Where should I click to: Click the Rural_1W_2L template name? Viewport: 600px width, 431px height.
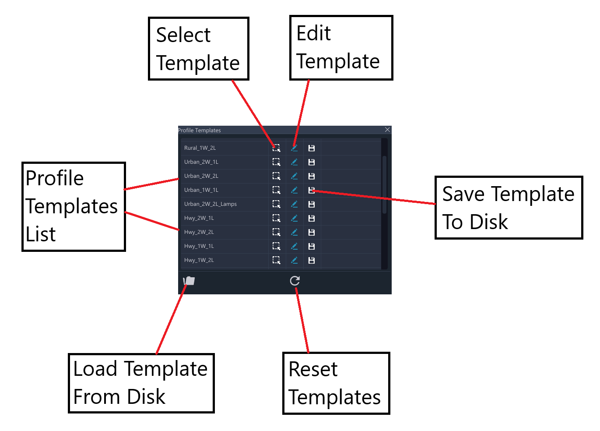(200, 148)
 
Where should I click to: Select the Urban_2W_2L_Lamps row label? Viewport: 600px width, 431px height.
(210, 204)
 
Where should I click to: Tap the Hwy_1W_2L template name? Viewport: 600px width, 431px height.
(199, 260)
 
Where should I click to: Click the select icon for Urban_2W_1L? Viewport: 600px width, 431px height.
(276, 162)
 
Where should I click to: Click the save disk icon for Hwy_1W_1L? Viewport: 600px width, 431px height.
(311, 246)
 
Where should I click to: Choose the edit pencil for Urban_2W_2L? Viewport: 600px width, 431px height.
(294, 176)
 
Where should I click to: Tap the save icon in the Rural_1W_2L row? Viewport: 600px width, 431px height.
(311, 148)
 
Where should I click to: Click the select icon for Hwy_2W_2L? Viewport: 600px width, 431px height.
(276, 232)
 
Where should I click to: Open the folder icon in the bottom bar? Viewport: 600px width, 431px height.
(189, 281)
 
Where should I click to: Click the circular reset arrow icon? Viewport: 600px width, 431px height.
(295, 281)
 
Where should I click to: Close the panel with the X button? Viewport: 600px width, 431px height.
(387, 130)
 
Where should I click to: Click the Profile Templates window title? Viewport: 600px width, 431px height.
(199, 130)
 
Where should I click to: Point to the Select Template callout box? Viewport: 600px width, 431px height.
(199, 49)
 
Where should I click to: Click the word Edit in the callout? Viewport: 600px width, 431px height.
(313, 33)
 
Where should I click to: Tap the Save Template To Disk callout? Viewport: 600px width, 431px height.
(509, 208)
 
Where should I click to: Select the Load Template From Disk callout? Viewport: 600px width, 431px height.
(141, 383)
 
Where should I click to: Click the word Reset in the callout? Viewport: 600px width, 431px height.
(313, 369)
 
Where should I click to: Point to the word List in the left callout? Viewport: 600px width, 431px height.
(40, 234)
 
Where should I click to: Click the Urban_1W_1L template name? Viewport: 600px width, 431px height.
(201, 190)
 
